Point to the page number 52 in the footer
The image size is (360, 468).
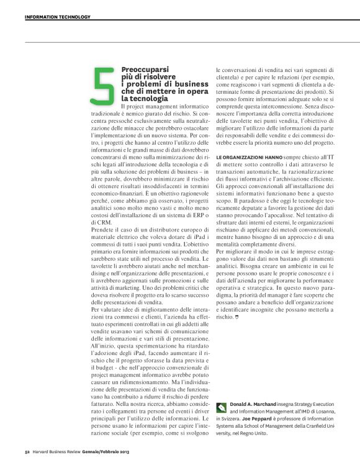pyautogui.click(x=27, y=451)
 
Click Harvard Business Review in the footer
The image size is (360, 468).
pyautogui.click(x=60, y=451)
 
